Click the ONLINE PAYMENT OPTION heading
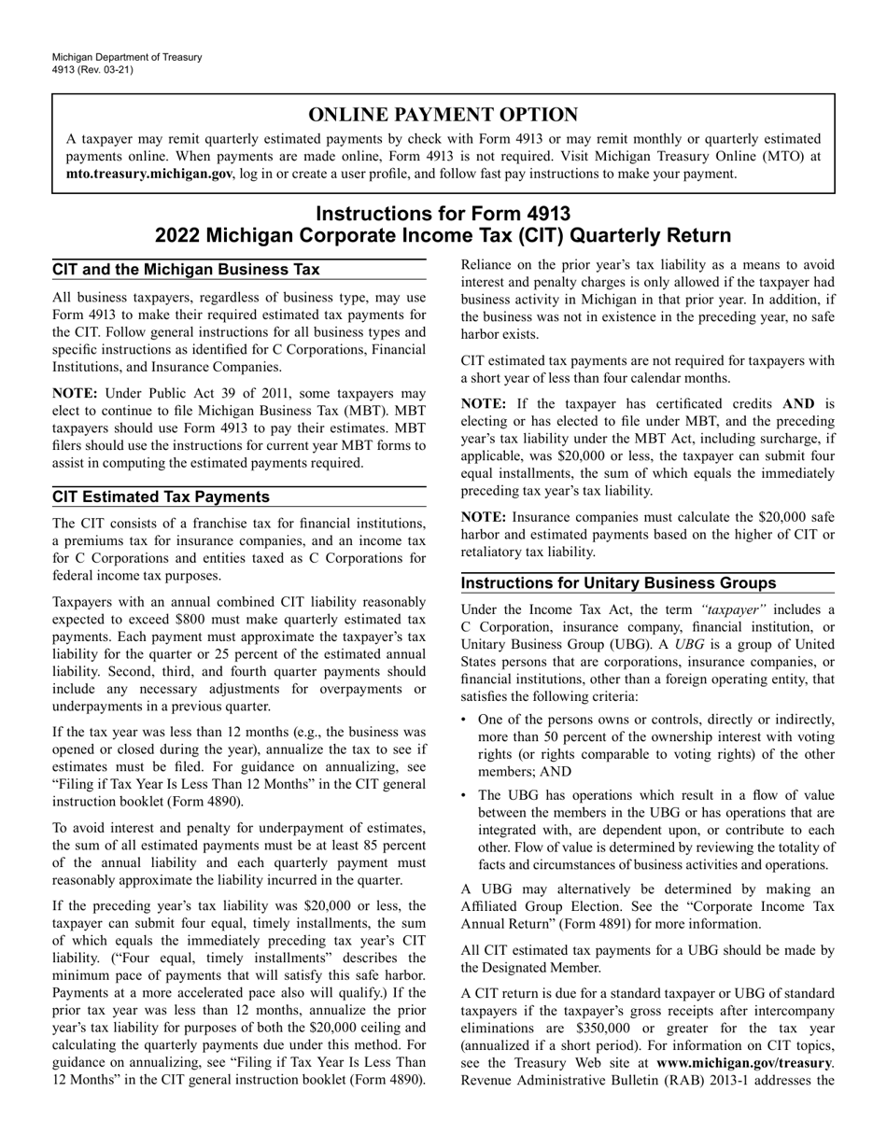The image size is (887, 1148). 443,115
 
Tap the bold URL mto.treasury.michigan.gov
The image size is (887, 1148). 149,174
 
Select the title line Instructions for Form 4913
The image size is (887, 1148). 443,214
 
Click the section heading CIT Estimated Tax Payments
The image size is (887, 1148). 161,497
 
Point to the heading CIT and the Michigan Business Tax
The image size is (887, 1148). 186,270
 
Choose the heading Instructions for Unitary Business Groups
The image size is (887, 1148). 632,583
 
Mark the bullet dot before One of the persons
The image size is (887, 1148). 466,720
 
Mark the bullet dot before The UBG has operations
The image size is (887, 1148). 466,796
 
